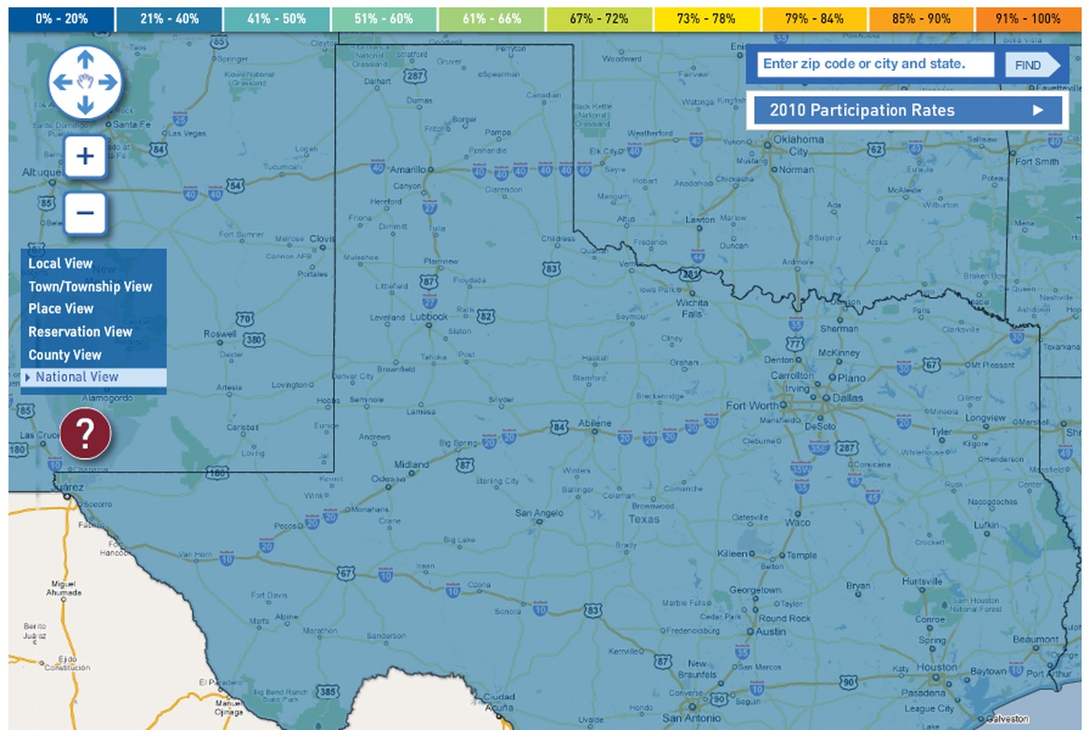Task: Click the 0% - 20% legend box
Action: (x=62, y=18)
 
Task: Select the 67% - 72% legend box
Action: (x=600, y=18)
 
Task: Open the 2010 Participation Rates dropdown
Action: (x=907, y=111)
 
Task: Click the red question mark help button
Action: (x=85, y=434)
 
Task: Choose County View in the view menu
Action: (x=64, y=355)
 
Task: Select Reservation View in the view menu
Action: (x=80, y=332)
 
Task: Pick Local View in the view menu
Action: (x=60, y=264)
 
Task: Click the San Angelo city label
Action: (x=539, y=513)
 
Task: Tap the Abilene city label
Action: (x=595, y=424)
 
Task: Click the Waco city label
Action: (x=798, y=523)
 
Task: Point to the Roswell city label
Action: (x=220, y=333)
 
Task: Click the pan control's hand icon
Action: (x=84, y=82)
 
